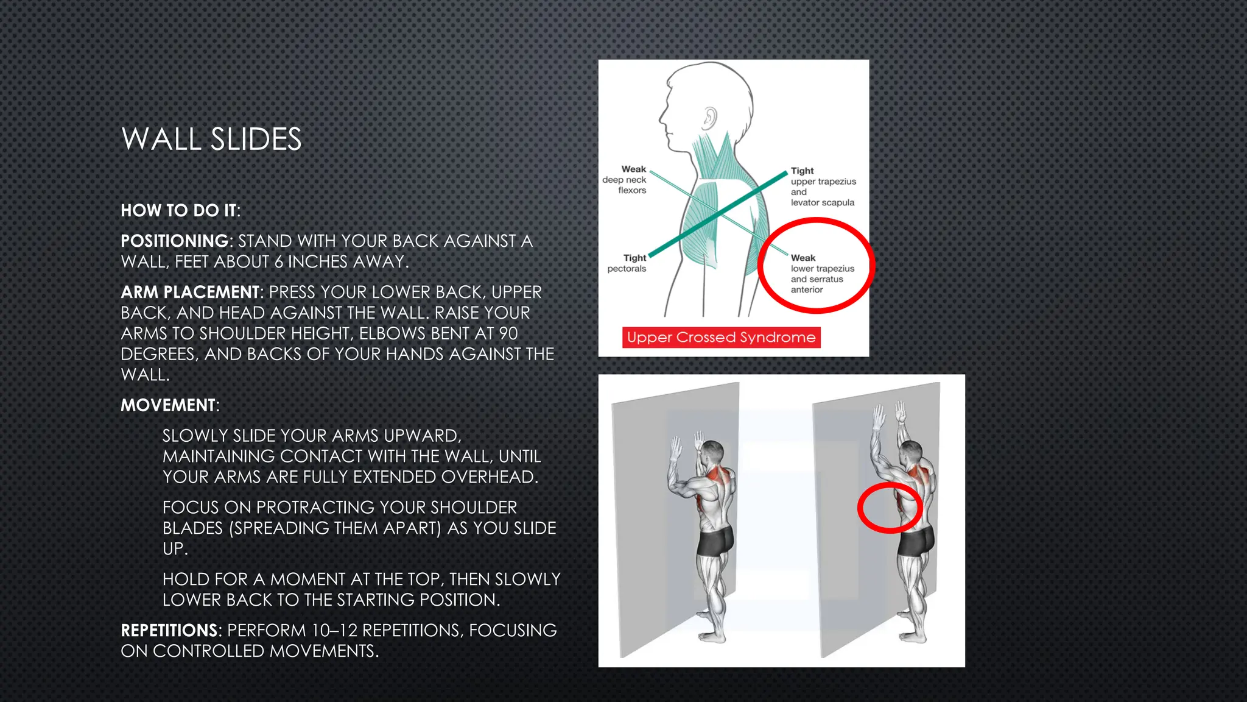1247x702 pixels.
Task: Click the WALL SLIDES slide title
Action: (211, 140)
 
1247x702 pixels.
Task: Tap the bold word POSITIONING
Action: (175, 241)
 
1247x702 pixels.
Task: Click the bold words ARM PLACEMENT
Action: (191, 292)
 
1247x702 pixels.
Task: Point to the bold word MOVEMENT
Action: (169, 405)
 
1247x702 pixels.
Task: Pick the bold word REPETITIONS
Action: (169, 631)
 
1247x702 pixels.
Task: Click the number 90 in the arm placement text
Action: (508, 334)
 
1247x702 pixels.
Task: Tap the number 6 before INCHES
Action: (278, 262)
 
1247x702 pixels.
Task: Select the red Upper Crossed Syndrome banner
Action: (721, 338)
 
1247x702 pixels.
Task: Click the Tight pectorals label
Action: (628, 263)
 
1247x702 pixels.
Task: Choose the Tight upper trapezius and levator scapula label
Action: (822, 186)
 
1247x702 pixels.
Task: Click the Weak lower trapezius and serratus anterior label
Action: (821, 274)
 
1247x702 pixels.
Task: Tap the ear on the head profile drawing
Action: (709, 117)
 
